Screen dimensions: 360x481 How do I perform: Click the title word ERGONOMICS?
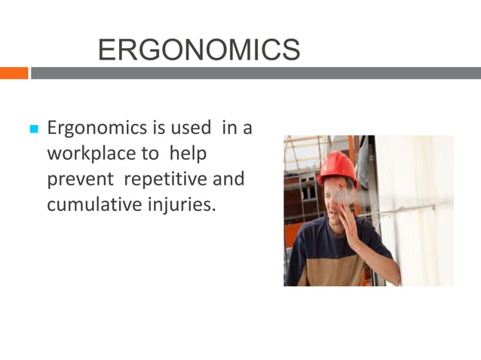coord(199,50)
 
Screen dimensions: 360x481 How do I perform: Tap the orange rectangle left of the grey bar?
coord(14,73)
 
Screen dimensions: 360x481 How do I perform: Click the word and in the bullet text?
coord(231,179)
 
